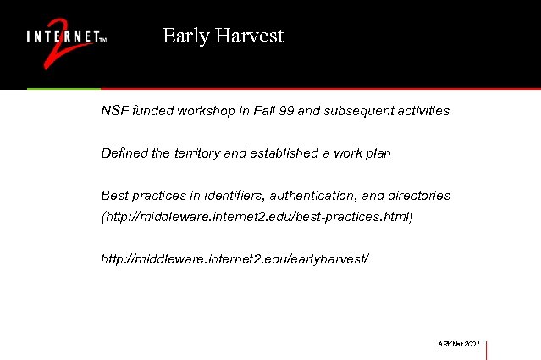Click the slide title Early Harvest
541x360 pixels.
pos(223,36)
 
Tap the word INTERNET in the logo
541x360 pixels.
pos(62,37)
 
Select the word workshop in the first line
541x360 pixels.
pos(205,111)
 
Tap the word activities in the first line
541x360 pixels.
pos(421,111)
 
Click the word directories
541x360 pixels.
pos(421,196)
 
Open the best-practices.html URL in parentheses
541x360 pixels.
pos(257,217)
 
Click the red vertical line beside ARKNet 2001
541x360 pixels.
pos(487,349)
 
